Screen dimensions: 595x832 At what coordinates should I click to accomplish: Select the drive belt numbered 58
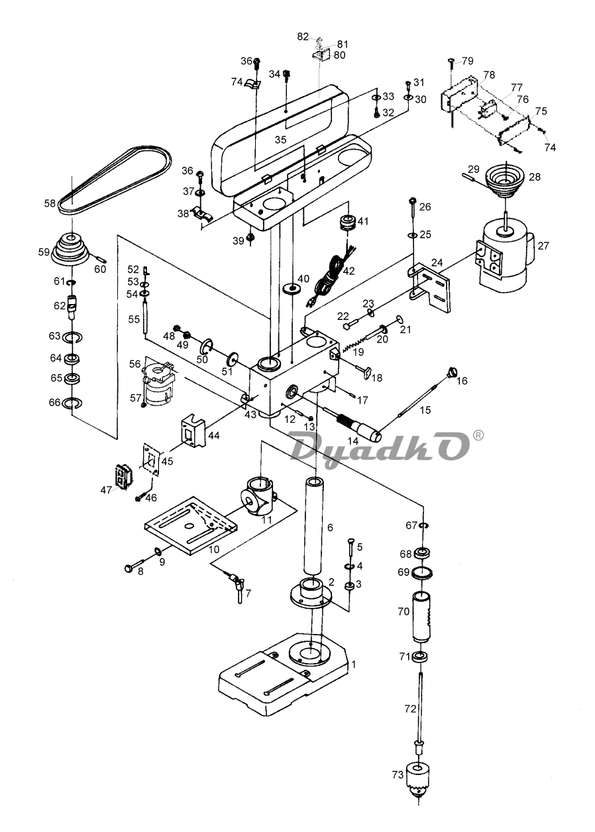click(x=116, y=180)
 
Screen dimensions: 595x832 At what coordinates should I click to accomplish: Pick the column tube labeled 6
click(x=314, y=527)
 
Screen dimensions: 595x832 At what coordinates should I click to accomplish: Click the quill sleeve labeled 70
click(x=422, y=617)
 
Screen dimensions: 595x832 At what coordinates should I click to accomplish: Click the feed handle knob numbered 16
click(x=452, y=372)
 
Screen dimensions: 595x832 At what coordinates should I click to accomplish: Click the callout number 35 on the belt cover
click(x=281, y=140)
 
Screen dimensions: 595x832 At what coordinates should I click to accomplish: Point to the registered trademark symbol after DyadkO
click(x=479, y=435)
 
